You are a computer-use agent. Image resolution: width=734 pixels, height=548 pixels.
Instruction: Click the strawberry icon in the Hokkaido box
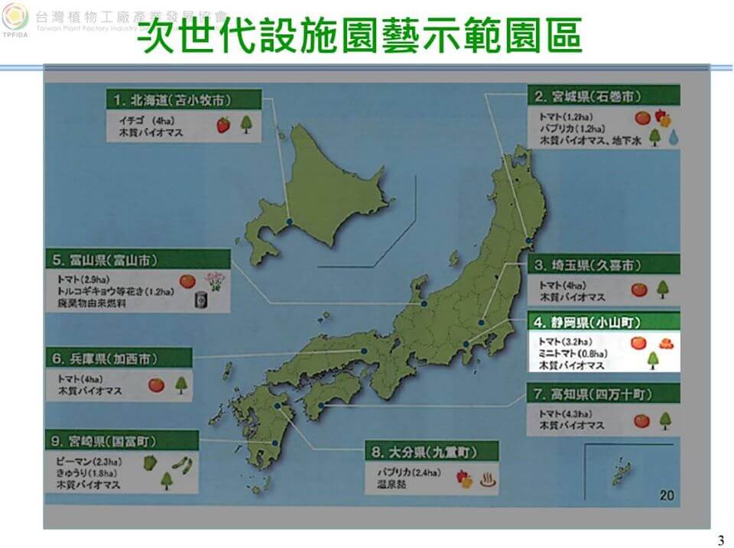(223, 125)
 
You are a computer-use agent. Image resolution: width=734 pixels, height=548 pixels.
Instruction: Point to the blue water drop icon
(674, 138)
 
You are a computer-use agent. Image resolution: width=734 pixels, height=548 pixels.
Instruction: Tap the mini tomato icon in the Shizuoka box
(665, 343)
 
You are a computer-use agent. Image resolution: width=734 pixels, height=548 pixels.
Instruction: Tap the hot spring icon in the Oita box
(486, 478)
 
